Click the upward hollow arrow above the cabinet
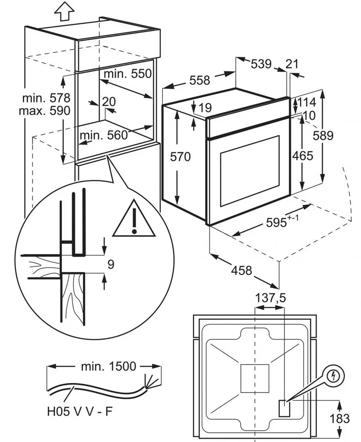(65, 11)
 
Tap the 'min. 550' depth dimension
(128, 74)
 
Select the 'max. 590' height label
(45, 111)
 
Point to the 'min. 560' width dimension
(104, 135)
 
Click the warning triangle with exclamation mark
(134, 219)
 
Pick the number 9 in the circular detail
(111, 264)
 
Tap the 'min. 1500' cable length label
(108, 366)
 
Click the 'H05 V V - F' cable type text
(80, 412)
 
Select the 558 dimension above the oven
(200, 80)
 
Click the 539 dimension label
(261, 64)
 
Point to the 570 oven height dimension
(180, 157)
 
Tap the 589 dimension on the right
(323, 136)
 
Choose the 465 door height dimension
(302, 156)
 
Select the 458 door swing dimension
(241, 271)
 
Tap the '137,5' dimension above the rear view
(270, 298)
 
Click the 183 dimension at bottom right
(340, 419)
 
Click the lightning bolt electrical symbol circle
(334, 375)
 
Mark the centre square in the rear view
(255, 378)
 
